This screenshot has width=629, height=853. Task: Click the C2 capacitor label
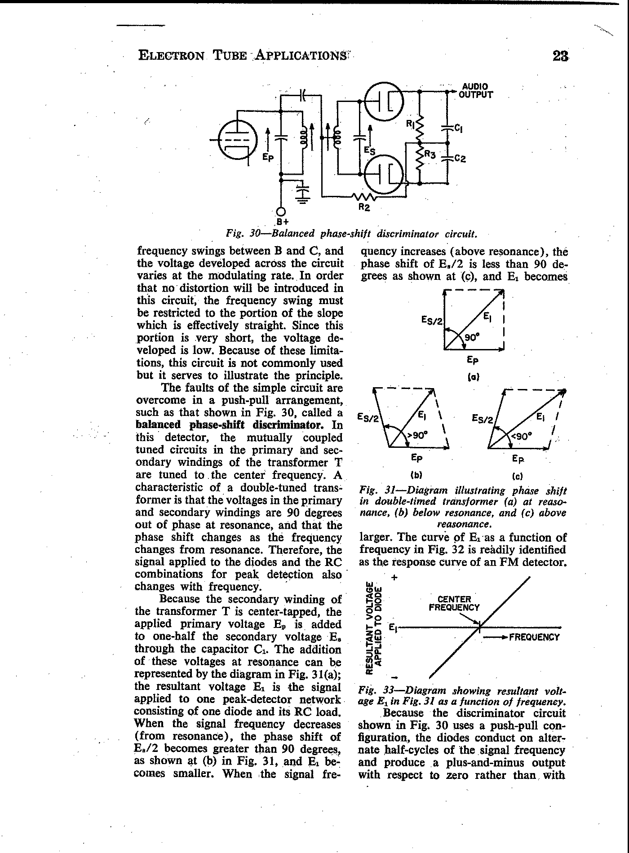[460, 159]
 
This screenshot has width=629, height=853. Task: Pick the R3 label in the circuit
[430, 155]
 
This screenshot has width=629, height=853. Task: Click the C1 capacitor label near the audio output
[458, 128]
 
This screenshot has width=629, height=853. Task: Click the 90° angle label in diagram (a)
[470, 337]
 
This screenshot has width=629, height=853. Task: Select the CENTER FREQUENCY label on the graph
[454, 603]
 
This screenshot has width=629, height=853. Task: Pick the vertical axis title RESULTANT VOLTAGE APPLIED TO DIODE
[374, 628]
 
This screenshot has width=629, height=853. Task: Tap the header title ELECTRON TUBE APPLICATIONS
[243, 56]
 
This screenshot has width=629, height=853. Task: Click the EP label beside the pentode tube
[268, 158]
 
